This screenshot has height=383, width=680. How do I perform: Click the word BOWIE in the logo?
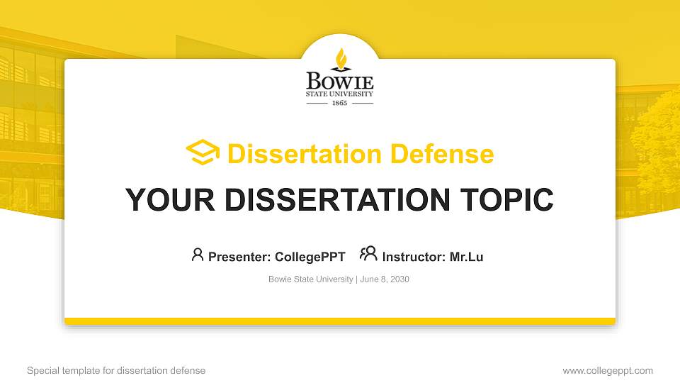tap(340, 80)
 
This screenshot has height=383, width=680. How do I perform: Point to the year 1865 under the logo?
tap(340, 103)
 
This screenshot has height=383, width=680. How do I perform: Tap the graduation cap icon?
tap(203, 152)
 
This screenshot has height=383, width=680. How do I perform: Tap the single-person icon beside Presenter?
tap(198, 255)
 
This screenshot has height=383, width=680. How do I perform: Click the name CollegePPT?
tap(310, 257)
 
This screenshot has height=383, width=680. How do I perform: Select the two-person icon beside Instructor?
tap(368, 254)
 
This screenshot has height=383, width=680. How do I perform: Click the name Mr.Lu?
tap(466, 257)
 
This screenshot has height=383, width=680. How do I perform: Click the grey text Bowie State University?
tap(310, 279)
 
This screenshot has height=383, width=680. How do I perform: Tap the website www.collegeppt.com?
tap(607, 370)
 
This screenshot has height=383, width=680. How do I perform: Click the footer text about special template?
tap(116, 370)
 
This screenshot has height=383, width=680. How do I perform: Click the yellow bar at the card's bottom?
tap(340, 321)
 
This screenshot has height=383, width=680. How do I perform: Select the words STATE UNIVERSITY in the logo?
tap(340, 93)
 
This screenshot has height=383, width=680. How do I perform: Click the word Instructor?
tap(414, 257)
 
